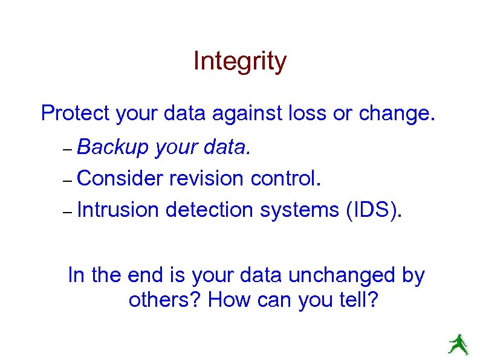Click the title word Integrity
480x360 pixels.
[x=239, y=62]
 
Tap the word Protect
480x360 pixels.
[x=75, y=113]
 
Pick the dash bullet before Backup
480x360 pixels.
[x=67, y=149]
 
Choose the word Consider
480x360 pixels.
[x=120, y=178]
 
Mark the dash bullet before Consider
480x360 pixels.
[x=67, y=180]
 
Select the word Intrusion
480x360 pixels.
[x=118, y=210]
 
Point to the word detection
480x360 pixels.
[x=209, y=210]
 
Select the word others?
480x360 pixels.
[x=164, y=300]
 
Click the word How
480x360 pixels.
[x=227, y=300]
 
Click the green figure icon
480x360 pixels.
[x=458, y=344]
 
